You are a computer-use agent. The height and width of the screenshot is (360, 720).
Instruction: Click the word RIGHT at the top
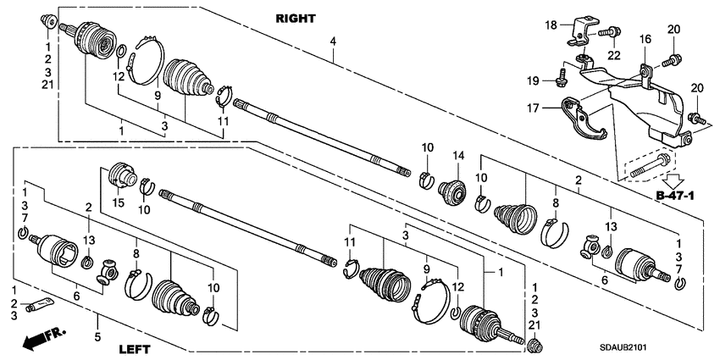[296, 18]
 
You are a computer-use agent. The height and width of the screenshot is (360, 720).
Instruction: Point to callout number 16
[645, 39]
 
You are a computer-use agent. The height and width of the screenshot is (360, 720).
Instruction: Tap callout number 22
[612, 55]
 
